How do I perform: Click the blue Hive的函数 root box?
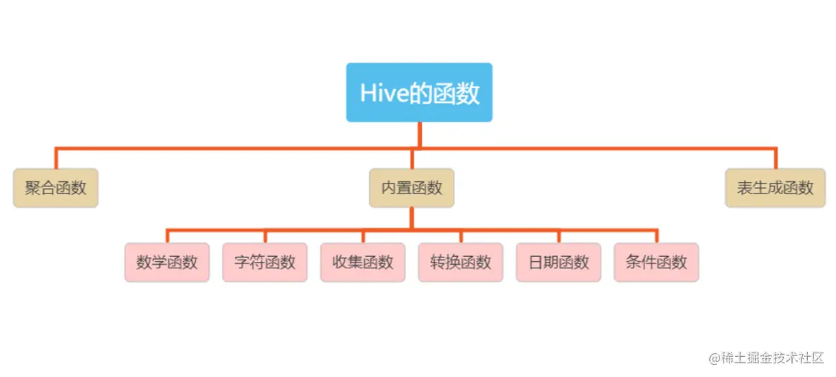(x=419, y=92)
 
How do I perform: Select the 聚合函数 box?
(x=55, y=188)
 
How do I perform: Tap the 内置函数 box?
(x=411, y=188)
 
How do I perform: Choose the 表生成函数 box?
(x=775, y=188)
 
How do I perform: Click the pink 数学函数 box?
(x=167, y=262)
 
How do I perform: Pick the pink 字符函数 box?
(x=265, y=262)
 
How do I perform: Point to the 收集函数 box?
(x=363, y=262)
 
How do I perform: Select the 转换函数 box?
(x=461, y=262)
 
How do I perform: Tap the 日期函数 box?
(x=559, y=262)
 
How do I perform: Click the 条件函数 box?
(x=657, y=262)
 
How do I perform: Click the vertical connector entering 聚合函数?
(x=56, y=159)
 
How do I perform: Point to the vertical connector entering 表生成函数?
(x=776, y=159)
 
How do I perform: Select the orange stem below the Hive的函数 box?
(x=419, y=135)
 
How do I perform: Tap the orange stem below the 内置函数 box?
(x=411, y=219)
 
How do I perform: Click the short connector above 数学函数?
(x=167, y=237)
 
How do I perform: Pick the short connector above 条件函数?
(x=657, y=237)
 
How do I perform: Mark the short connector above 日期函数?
(x=559, y=237)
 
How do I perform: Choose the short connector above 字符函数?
(x=265, y=237)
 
